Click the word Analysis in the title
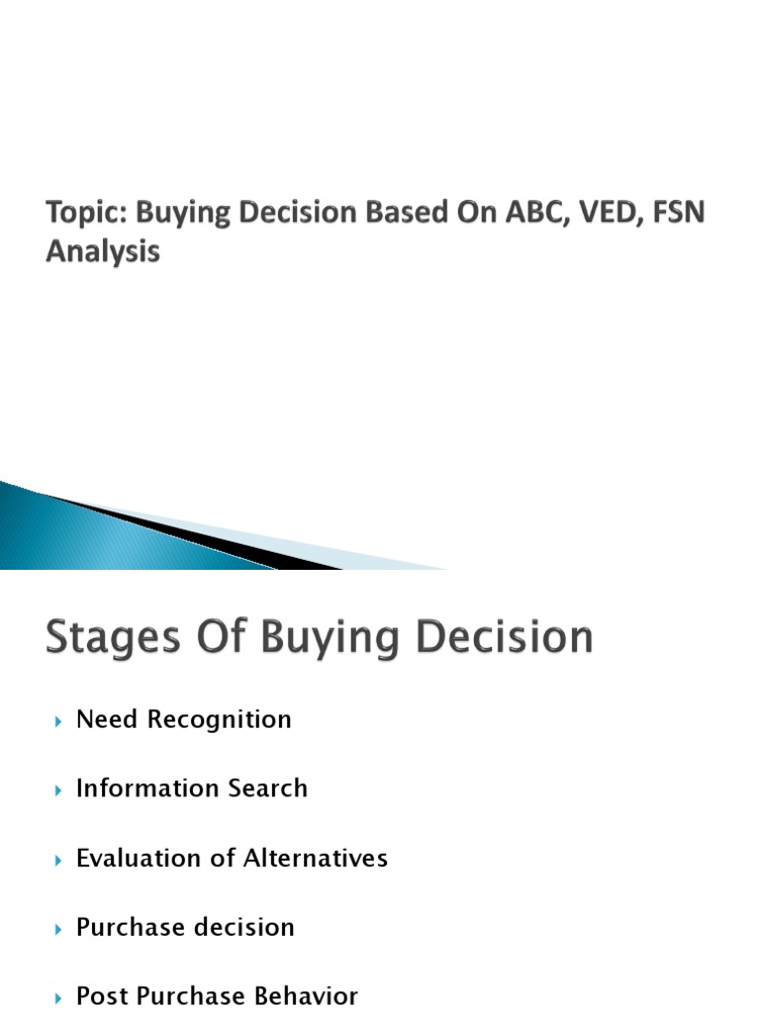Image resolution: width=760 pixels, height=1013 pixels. coord(103,252)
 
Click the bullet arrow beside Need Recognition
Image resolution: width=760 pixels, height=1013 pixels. coord(57,721)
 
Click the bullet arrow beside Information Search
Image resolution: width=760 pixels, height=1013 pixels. coord(57,790)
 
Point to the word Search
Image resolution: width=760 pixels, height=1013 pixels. coord(267,788)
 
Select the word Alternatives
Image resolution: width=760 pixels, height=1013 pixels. coord(314,858)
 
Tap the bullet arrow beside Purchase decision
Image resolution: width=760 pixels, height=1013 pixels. coord(57,929)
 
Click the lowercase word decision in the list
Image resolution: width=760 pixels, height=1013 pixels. coord(246,927)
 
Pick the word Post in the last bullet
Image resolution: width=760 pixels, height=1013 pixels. coord(102,996)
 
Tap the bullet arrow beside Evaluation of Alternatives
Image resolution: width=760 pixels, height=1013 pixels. coord(57,860)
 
